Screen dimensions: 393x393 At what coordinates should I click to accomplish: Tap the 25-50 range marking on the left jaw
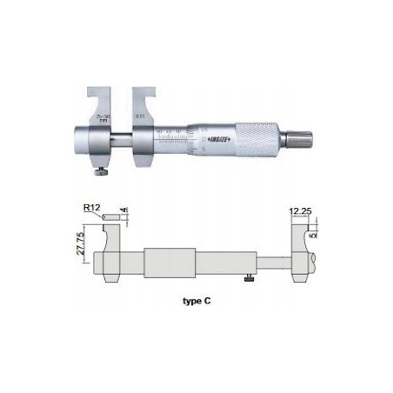104,117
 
